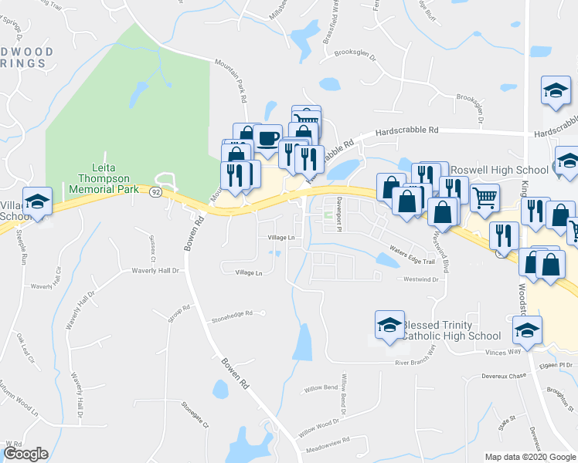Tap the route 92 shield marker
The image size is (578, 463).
155,193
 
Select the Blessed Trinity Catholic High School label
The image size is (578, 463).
451,330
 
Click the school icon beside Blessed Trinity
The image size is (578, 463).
389,326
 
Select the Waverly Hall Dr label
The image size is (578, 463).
154,271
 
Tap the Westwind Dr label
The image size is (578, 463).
420,279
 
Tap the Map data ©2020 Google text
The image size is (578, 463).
530,457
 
